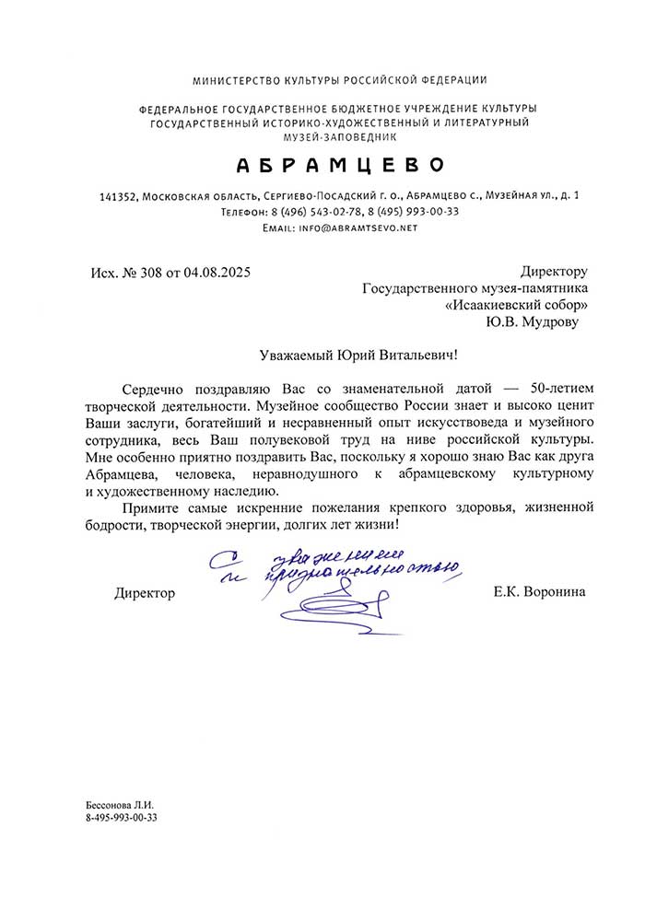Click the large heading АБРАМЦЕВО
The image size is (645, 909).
[x=340, y=165]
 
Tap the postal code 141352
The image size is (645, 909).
[x=118, y=196]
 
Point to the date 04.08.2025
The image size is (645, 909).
[x=217, y=273]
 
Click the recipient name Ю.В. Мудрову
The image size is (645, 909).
[x=535, y=321]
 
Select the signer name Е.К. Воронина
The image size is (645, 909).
[x=539, y=593]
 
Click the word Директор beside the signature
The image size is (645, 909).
[x=145, y=593]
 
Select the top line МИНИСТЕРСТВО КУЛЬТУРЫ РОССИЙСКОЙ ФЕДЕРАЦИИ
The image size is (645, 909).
[x=340, y=80]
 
